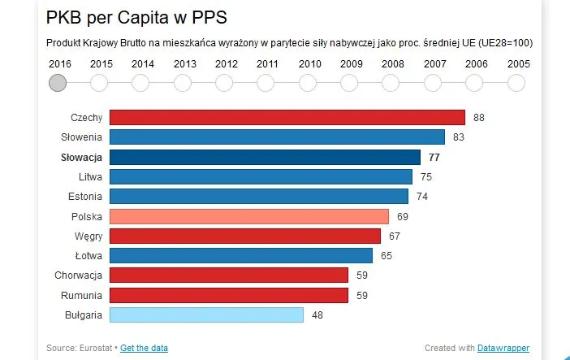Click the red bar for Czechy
point(287,118)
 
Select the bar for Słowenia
point(277,137)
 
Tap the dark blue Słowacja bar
point(265,157)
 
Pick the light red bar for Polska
point(248,216)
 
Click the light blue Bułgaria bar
point(206,314)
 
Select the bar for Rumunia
point(228,295)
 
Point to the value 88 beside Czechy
point(479,118)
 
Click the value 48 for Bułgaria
point(317,314)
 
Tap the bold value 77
point(434,157)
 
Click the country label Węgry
point(87,236)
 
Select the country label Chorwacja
point(78,275)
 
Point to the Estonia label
point(84,197)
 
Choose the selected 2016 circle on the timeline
point(58,83)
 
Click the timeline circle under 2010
point(308,83)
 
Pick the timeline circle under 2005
point(516,83)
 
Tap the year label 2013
point(184,63)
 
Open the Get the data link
point(144,348)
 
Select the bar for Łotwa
point(240,255)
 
